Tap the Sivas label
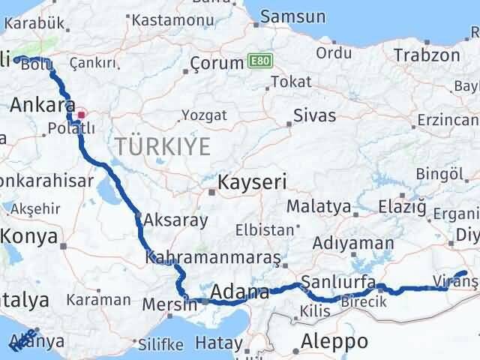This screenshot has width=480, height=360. tap(314, 115)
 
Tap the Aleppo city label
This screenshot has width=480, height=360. tap(334, 342)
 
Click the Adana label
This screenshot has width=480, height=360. tap(240, 291)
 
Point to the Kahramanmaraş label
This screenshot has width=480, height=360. tap(213, 257)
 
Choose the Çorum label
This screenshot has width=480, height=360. tap(217, 64)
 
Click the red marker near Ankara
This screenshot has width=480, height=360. tap(82, 115)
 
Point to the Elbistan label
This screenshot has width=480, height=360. tap(261, 229)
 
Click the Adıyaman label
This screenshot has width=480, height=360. tap(352, 243)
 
